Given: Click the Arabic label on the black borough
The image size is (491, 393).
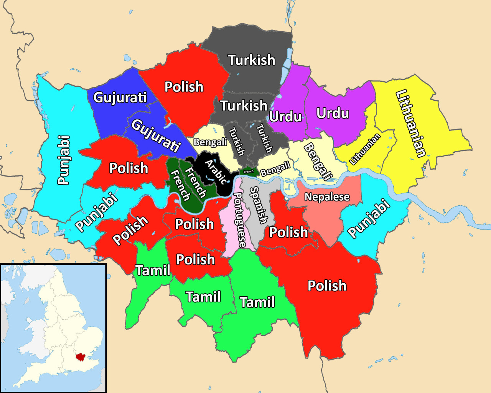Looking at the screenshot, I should click(x=216, y=172).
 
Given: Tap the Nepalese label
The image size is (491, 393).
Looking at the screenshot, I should click(x=327, y=197).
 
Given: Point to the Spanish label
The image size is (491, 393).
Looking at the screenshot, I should click(x=259, y=205).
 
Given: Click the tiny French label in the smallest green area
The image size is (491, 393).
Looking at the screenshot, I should click(x=249, y=172).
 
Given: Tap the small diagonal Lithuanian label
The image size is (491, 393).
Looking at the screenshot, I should click(x=365, y=149).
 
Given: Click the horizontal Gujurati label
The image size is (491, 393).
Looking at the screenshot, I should click(x=120, y=97).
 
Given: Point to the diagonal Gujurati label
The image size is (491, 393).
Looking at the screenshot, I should click(x=156, y=136).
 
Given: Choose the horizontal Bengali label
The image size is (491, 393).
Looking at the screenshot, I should click(x=210, y=142).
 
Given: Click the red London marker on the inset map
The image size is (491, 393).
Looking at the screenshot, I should click(x=80, y=357).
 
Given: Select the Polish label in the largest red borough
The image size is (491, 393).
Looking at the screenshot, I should click(x=327, y=286).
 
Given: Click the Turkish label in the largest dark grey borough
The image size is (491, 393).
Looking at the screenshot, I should click(x=252, y=60).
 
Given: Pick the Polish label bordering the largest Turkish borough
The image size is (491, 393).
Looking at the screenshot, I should click(x=184, y=87).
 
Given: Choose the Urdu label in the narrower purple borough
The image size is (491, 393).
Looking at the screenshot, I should click(x=285, y=116).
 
